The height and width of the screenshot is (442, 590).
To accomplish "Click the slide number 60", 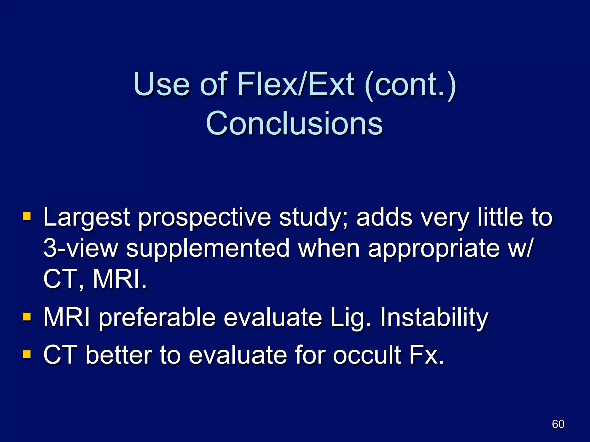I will click(558, 424).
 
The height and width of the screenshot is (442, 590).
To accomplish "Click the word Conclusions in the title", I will click(294, 123).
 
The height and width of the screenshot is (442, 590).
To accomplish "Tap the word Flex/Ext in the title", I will click(296, 84).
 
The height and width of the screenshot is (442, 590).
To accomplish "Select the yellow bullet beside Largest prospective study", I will click(27, 216).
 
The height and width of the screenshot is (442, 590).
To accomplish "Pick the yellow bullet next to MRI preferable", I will click(27, 317).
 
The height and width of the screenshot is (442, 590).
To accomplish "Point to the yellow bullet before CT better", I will click(27, 354).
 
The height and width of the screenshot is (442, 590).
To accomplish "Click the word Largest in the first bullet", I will click(86, 218).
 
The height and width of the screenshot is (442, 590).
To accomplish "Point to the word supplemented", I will click(208, 249).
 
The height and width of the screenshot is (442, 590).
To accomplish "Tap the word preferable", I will click(157, 318).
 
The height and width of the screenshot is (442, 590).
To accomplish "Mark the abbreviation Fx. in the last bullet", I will click(426, 355).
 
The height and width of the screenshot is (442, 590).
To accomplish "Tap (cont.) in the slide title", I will click(410, 84).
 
